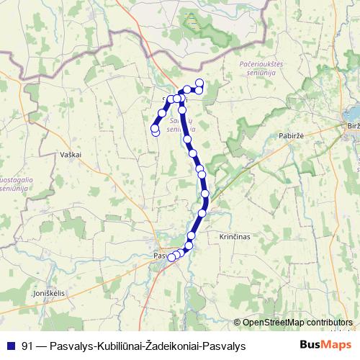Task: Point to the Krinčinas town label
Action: pyautogui.click(x=233, y=236)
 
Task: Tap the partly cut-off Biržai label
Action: pyautogui.click(x=353, y=126)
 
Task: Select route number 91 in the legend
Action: pyautogui.click(x=29, y=346)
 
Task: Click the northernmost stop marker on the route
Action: pyautogui.click(x=199, y=82)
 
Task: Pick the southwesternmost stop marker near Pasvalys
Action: pyautogui.click(x=171, y=258)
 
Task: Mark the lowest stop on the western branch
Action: pyautogui.click(x=156, y=131)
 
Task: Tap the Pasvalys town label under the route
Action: pyautogui.click(x=160, y=256)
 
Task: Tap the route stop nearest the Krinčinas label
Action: pyautogui.click(x=192, y=235)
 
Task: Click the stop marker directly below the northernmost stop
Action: pyautogui.click(x=199, y=89)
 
